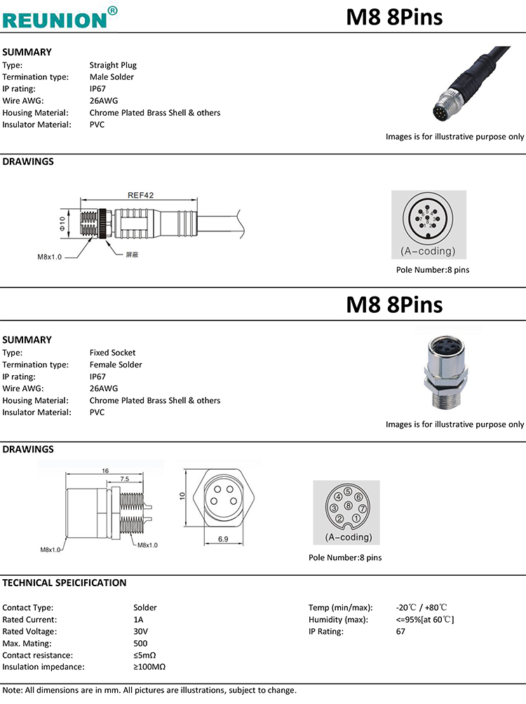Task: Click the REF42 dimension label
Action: [x=140, y=196]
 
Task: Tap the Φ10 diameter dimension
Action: [x=62, y=224]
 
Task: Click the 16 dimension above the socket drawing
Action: [x=105, y=471]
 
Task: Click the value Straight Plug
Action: [x=113, y=65]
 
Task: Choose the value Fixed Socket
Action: [x=112, y=353]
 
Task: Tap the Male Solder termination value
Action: [x=112, y=77]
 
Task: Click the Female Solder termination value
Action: [x=116, y=365]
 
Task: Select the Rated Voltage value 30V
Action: [x=140, y=632]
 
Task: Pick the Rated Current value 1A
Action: [x=138, y=620]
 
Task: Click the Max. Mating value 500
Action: [x=140, y=644]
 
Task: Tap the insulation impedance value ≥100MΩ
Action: [x=149, y=667]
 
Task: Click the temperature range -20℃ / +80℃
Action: [x=422, y=608]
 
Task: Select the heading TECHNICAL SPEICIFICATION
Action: [x=65, y=583]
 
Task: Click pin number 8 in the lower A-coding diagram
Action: [x=348, y=506]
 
